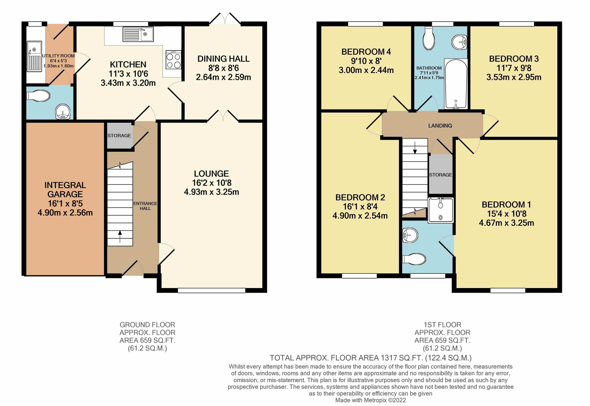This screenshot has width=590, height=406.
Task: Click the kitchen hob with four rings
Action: pyautogui.click(x=173, y=60)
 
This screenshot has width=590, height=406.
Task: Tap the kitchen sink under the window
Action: pyautogui.click(x=138, y=35)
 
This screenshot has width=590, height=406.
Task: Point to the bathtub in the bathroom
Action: pyautogui.click(x=456, y=84)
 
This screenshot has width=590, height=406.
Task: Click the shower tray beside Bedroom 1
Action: pyautogui.click(x=441, y=210)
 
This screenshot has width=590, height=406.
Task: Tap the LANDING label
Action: pyautogui.click(x=440, y=125)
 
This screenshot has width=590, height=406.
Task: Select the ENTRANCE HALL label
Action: pyautogui.click(x=145, y=206)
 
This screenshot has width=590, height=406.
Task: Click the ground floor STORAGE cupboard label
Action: pyautogui.click(x=119, y=136)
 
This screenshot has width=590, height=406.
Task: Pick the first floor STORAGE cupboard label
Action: pyautogui.click(x=440, y=175)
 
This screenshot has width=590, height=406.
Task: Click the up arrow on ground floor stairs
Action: pyautogui.click(x=120, y=236)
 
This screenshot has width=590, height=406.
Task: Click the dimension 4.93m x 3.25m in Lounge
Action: pyautogui.click(x=211, y=192)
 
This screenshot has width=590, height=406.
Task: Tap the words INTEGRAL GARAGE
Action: pyautogui.click(x=65, y=189)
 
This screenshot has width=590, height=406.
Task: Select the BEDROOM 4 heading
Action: pyautogui.click(x=366, y=52)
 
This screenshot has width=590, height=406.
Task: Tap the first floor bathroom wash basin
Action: pyautogui.click(x=459, y=42)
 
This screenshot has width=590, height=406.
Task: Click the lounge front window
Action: pyautogui.click(x=211, y=290)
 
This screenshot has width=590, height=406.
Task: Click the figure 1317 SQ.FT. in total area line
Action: pyautogui.click(x=402, y=358)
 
